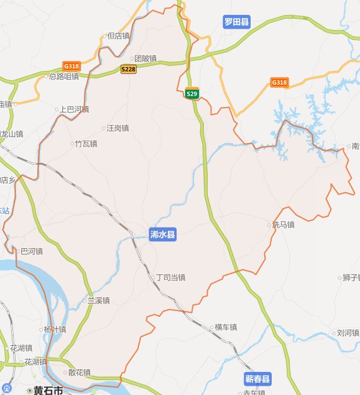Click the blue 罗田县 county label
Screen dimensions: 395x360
click(x=236, y=22)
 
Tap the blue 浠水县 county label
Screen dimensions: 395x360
click(x=163, y=235)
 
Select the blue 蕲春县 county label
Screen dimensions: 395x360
click(x=257, y=379)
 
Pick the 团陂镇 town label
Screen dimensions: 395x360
click(x=144, y=58)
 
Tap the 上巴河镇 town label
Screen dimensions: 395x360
click(x=73, y=109)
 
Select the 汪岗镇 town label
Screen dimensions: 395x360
click(x=116, y=129)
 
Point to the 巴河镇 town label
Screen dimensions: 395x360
click(x=30, y=252)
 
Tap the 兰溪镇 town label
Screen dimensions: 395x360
click(x=98, y=301)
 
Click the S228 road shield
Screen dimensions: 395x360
click(x=128, y=69)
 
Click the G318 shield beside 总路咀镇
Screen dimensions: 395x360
click(x=71, y=66)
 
